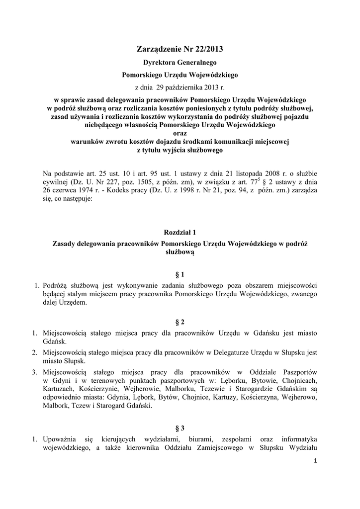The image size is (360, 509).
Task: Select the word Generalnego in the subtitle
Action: tap(199, 64)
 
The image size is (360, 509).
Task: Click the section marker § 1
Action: tap(180, 274)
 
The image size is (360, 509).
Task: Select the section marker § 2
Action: tap(180, 322)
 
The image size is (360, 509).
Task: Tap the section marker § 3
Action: tap(180, 427)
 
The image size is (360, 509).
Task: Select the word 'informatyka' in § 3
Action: tap(299, 439)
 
